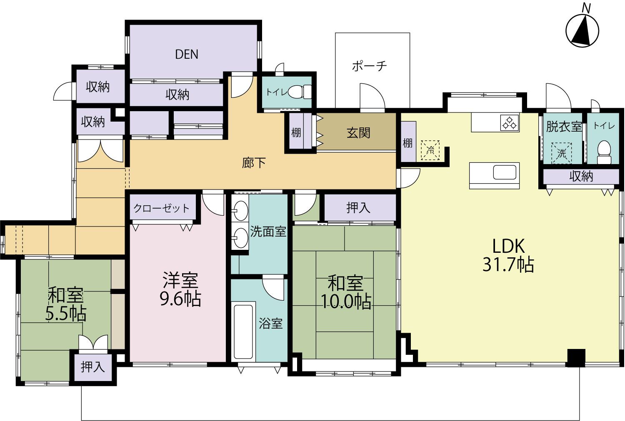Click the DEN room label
point(187,55)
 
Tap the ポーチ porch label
point(370,66)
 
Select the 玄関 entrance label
point(358,133)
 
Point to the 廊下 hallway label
point(254,163)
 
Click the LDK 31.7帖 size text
point(508,264)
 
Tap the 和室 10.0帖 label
point(346,292)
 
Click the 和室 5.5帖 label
point(65,304)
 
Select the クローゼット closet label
point(162,208)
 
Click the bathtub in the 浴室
point(243,332)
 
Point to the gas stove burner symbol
point(510,123)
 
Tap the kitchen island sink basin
point(505,172)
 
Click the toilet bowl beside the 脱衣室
point(604,152)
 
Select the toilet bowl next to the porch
point(300,92)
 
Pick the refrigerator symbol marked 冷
point(430,150)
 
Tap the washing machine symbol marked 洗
point(561,153)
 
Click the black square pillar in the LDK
point(576,358)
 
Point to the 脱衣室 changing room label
point(564,127)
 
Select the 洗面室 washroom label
point(268,232)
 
